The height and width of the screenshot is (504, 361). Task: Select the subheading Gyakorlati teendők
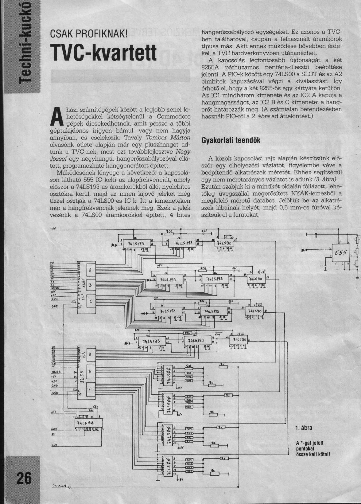[231, 140]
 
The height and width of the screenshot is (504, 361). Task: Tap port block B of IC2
[90, 371]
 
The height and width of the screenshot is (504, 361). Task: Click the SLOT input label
[54, 429]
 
